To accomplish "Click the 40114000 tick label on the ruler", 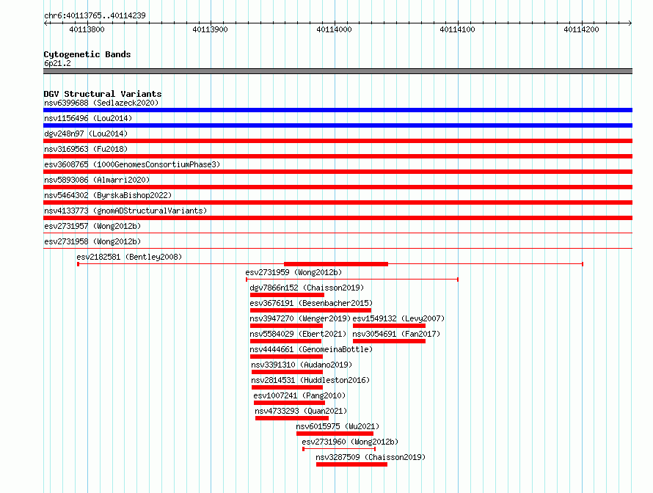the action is [x=334, y=29].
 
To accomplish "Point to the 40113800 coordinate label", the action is [x=87, y=29].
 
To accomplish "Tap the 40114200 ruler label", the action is [x=581, y=29].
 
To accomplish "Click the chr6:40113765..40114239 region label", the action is [x=95, y=16].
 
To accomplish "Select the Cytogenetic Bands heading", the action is [x=87, y=54].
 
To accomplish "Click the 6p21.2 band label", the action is [x=57, y=63].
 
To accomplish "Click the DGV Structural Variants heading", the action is [x=103, y=94].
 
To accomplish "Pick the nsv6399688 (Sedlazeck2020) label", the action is [x=101, y=103].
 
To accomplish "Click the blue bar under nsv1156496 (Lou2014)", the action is [x=338, y=125].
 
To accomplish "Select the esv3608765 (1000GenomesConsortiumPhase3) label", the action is [x=132, y=164].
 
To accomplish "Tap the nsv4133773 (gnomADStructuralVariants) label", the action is [x=125, y=211].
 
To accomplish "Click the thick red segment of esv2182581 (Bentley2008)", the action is [x=336, y=264].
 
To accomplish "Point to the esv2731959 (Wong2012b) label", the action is [x=293, y=272].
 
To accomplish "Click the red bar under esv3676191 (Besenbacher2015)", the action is [x=310, y=310].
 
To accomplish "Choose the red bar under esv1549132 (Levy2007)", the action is [x=389, y=326].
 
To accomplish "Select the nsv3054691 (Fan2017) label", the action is [x=396, y=334].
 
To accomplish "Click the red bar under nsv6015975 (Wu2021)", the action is [x=335, y=434].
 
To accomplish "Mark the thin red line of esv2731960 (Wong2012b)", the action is [x=339, y=449].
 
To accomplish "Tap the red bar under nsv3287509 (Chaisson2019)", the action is [x=352, y=464].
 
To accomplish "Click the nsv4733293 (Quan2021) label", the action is [x=301, y=411].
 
